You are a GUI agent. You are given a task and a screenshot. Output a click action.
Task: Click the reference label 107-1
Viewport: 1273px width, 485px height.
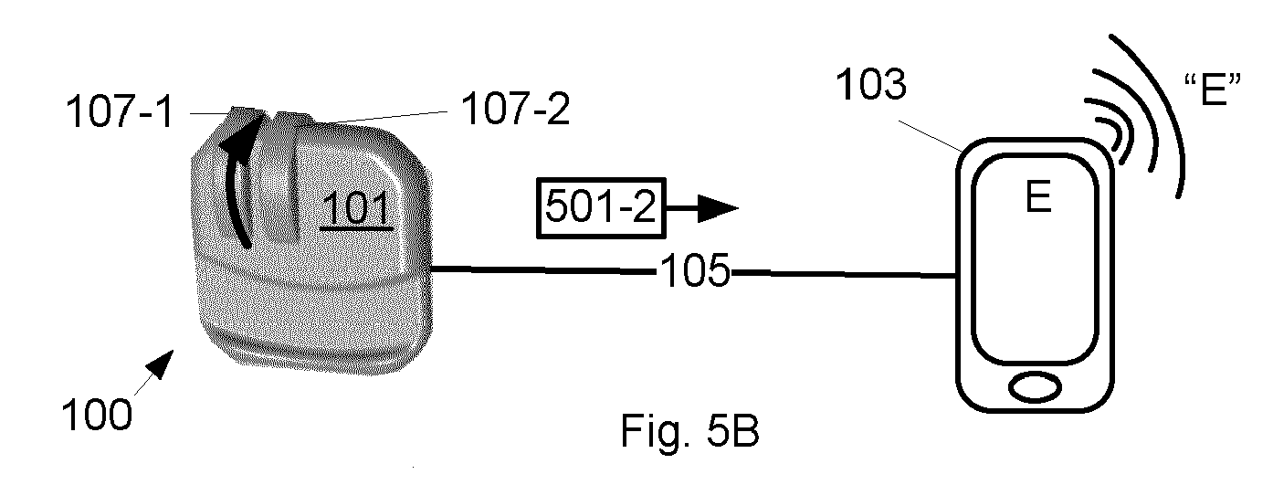click(x=120, y=111)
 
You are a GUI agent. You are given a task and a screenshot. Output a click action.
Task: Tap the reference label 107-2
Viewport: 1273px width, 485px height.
click(x=515, y=108)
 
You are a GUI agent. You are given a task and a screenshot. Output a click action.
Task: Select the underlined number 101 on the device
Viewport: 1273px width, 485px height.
click(x=356, y=208)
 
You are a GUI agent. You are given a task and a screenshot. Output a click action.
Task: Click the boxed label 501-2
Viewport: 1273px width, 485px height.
click(x=601, y=207)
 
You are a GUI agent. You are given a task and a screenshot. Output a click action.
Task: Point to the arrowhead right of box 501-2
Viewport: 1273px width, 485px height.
click(x=718, y=208)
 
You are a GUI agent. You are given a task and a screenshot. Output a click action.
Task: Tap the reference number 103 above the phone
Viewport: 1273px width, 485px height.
click(x=870, y=84)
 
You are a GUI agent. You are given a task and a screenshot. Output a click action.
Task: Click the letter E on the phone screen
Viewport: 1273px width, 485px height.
click(x=1037, y=196)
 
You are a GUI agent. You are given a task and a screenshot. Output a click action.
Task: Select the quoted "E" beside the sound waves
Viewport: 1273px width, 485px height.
click(x=1213, y=90)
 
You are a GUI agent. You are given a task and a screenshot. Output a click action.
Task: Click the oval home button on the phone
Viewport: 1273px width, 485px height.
click(x=1035, y=388)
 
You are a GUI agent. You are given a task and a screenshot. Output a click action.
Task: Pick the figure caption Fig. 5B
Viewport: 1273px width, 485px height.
click(x=689, y=431)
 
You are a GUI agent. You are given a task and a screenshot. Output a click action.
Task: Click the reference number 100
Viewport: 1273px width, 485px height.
click(x=97, y=415)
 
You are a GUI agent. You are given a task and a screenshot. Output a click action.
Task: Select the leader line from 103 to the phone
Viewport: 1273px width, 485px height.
click(x=930, y=136)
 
